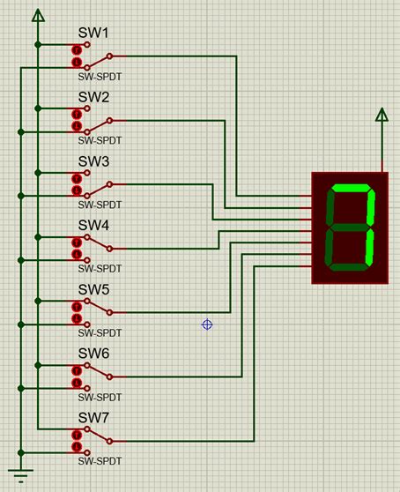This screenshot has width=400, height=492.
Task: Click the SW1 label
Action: pyautogui.click(x=94, y=34)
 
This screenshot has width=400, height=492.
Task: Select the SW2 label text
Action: pyautogui.click(x=94, y=97)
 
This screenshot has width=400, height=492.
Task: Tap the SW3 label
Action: pyautogui.click(x=94, y=161)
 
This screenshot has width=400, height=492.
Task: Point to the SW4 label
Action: pyautogui.click(x=94, y=226)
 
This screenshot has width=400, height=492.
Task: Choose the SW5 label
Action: pyautogui.click(x=94, y=289)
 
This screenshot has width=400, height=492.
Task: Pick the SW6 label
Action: pyautogui.click(x=94, y=353)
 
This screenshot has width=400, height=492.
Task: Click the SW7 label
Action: pyautogui.click(x=94, y=417)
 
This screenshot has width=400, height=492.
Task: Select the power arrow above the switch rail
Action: pyautogui.click(x=37, y=15)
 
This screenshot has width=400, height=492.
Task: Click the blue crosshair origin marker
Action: pyautogui.click(x=207, y=324)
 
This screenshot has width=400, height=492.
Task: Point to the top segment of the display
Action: pyautogui.click(x=352, y=189)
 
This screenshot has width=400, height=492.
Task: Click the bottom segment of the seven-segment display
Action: pyautogui.click(x=346, y=267)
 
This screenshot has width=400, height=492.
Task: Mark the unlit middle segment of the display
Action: pyautogui.click(x=349, y=227)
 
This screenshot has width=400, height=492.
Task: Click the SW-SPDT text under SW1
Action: pyautogui.click(x=99, y=77)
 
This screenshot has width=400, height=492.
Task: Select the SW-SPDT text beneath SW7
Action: pyautogui.click(x=99, y=460)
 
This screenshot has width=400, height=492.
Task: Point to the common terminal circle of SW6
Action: pyautogui.click(x=110, y=376)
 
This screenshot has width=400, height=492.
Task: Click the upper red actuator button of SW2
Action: pyautogui.click(x=77, y=115)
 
